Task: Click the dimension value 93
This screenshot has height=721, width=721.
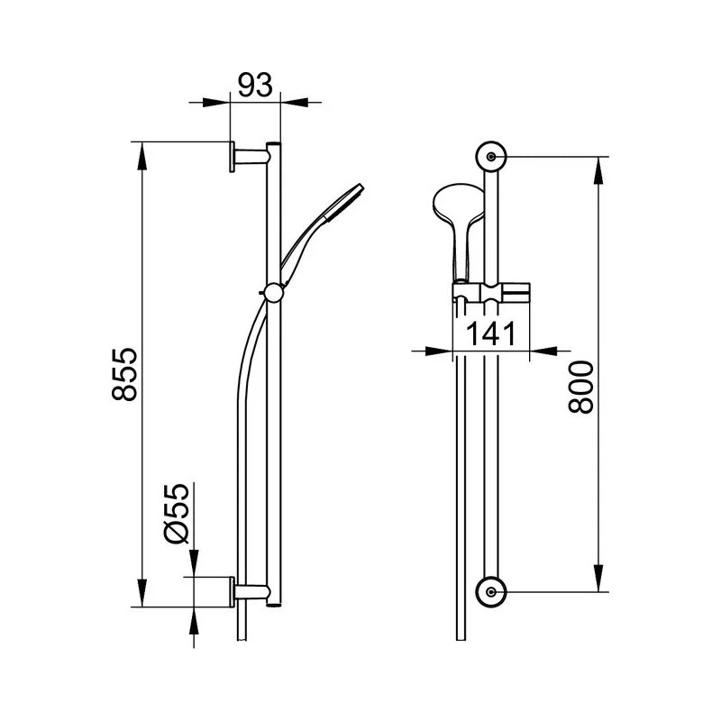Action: (x=255, y=85)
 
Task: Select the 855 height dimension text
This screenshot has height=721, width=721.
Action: (x=124, y=374)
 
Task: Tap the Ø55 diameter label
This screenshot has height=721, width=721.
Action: (x=177, y=514)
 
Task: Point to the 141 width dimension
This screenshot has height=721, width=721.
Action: (x=491, y=333)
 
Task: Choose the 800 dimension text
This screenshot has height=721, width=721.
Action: (x=581, y=387)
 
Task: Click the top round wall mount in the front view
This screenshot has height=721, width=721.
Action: (x=491, y=156)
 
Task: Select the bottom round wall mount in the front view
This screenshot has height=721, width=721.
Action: (x=491, y=592)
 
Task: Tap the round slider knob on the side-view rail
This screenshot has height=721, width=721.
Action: (x=274, y=292)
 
